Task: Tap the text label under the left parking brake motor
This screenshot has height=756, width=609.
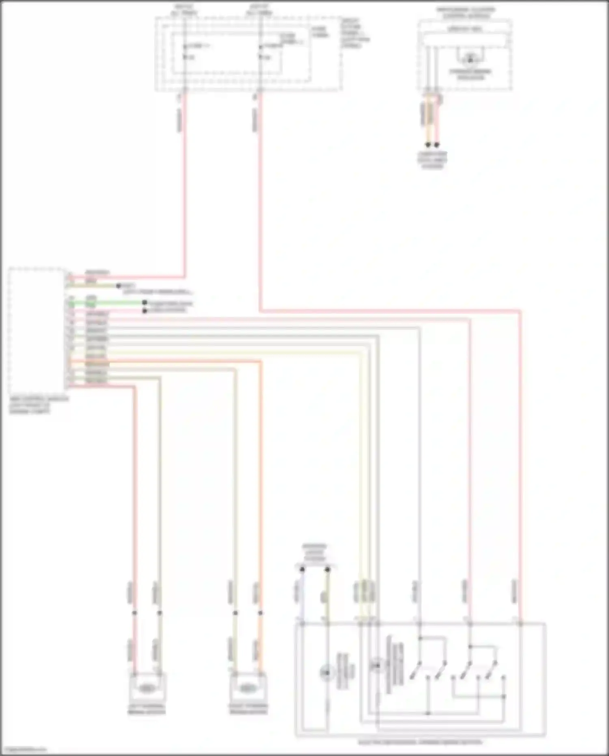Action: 147,709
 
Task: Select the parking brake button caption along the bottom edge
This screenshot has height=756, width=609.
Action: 420,742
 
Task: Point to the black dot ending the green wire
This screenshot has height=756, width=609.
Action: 145,303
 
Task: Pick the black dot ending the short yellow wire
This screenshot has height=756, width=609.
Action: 119,286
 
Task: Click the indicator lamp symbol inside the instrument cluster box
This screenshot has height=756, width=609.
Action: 470,59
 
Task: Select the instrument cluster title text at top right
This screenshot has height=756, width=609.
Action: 466,13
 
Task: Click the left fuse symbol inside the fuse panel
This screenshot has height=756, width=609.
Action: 185,52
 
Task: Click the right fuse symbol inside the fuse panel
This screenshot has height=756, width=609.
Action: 261,52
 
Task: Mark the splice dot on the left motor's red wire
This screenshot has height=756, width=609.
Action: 134,613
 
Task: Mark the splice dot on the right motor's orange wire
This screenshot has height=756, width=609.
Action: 260,613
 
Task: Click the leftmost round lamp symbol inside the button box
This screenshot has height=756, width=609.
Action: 326,673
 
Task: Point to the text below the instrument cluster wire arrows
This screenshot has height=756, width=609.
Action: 432,160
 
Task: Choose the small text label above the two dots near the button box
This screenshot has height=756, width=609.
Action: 315,553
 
